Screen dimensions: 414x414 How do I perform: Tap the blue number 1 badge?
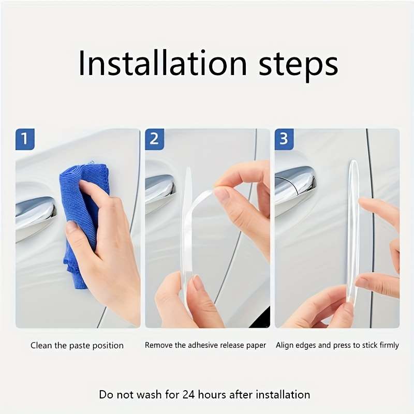[x=25, y=139]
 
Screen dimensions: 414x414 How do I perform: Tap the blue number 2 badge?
[x=154, y=139]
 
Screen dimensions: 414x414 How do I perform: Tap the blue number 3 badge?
[x=284, y=139]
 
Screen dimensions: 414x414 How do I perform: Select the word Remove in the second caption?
[x=158, y=345]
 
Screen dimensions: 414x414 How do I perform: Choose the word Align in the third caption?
[x=286, y=345]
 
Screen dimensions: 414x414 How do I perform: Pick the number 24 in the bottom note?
[x=189, y=394]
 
